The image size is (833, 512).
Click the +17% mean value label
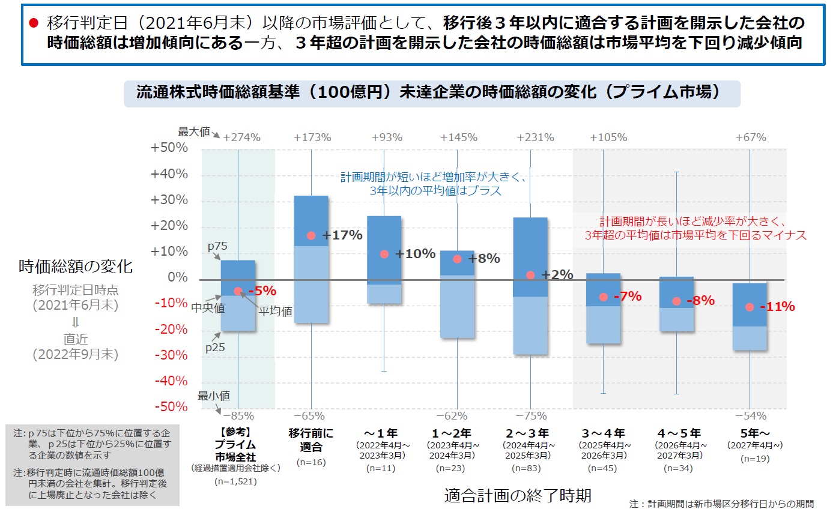pos(342,235)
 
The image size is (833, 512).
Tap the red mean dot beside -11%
pos(750,307)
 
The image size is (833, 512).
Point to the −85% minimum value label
pos(238,415)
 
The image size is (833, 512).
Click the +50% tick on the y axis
pos(171,148)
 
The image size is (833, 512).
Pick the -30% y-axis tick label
pos(172,355)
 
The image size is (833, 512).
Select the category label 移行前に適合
pos(311,439)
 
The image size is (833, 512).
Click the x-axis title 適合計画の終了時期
pos(518,496)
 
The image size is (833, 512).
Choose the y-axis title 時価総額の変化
pos(76,266)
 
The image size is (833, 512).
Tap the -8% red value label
pos(700,301)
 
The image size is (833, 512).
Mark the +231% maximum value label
pos(535,137)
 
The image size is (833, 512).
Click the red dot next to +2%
pos(530,275)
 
